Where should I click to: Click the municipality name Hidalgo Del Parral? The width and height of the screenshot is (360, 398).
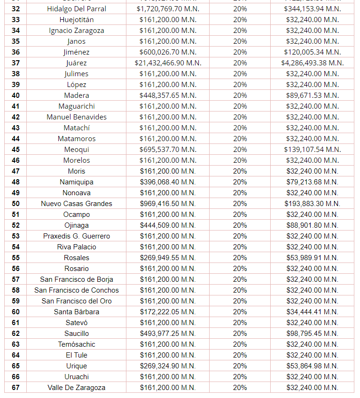[77, 9]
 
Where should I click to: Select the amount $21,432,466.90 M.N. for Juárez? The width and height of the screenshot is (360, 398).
[168, 63]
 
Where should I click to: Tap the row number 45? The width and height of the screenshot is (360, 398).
[16, 150]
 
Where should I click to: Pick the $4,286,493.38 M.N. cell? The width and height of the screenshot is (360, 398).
[312, 63]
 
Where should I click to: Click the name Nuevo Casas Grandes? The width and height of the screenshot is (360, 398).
[77, 204]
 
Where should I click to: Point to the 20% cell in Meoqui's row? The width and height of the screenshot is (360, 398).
[240, 150]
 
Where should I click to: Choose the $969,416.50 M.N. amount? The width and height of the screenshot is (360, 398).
[168, 204]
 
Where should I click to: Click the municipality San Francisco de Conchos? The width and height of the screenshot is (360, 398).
[77, 290]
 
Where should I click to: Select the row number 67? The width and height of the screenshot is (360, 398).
[16, 388]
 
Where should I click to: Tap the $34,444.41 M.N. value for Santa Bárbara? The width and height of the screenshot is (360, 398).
[312, 312]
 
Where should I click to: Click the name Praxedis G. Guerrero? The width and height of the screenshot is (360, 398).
[77, 236]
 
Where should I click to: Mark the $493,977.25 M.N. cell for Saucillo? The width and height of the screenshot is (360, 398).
[168, 334]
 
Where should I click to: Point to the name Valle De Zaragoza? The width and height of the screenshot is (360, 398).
[77, 388]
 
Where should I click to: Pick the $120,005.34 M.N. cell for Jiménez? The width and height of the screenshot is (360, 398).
[312, 52]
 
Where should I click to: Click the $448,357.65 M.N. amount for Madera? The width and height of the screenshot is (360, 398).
[168, 96]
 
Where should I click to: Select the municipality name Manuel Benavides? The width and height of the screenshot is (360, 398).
[77, 117]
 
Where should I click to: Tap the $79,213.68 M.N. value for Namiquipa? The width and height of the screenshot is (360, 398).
[312, 182]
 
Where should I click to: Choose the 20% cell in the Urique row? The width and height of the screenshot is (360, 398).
[240, 366]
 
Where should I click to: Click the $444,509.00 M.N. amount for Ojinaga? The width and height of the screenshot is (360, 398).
[168, 225]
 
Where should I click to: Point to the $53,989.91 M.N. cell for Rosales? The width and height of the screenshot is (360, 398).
[312, 258]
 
